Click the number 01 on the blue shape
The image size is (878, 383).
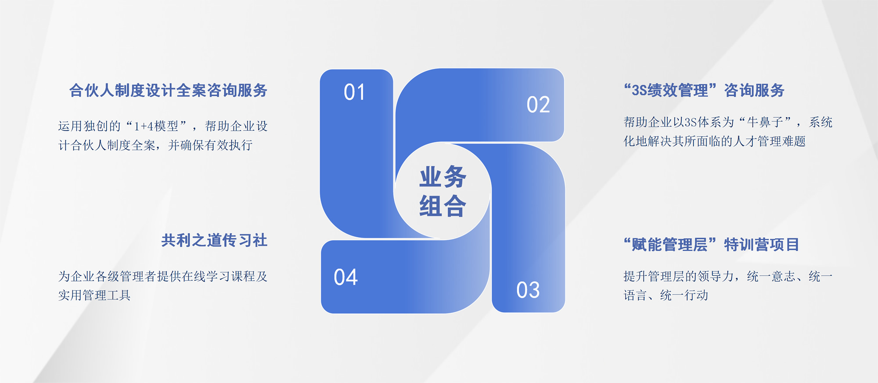tap(354, 92)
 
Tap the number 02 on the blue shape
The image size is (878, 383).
tap(538, 105)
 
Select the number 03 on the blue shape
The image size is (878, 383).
tap(528, 290)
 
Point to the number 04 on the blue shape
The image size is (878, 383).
tap(346, 277)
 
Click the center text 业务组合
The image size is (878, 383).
tap(443, 191)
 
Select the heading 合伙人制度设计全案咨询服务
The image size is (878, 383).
tap(168, 90)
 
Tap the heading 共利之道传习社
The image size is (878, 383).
tap(214, 240)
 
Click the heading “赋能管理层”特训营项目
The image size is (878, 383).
tap(711, 245)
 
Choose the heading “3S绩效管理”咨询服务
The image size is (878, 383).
tap(704, 90)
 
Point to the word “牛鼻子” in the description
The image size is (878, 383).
tap(765, 122)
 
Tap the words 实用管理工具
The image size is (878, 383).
tap(94, 295)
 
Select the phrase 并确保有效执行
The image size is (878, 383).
tap(210, 145)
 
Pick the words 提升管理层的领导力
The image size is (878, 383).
tap(679, 276)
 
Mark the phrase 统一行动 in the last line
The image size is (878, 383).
tap(684, 295)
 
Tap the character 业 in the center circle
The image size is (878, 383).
tap(430, 177)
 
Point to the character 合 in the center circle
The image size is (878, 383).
tap(455, 206)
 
